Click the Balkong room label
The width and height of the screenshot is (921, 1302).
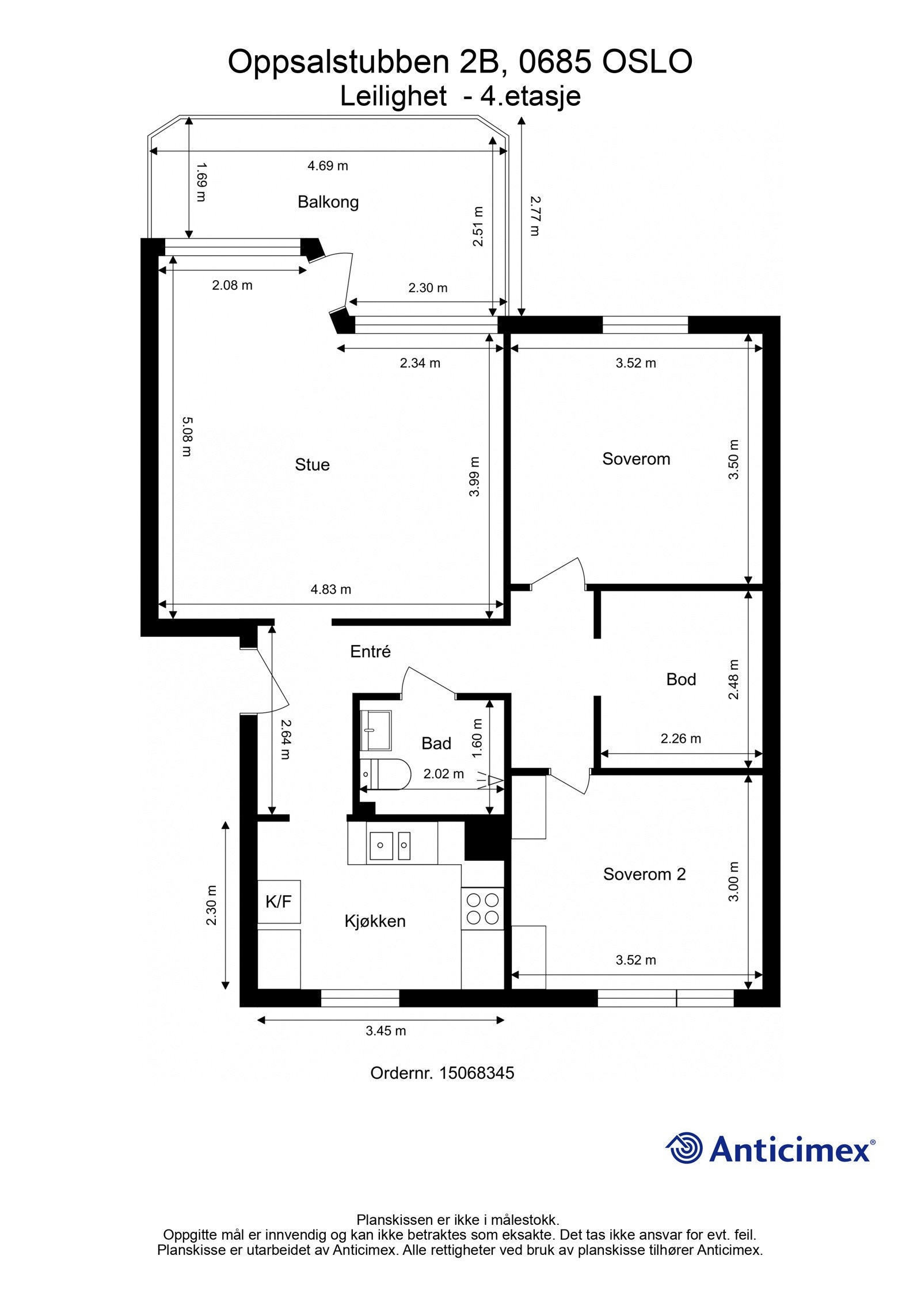[328, 202]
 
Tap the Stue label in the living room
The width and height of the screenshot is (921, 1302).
[312, 465]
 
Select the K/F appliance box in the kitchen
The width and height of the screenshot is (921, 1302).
[279, 902]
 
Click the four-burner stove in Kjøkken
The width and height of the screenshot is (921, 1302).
[482, 908]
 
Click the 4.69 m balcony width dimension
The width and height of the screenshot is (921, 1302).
[328, 166]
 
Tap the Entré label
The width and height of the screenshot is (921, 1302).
[370, 652]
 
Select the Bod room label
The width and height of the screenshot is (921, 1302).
[681, 679]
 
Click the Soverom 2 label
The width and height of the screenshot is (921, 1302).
[644, 875]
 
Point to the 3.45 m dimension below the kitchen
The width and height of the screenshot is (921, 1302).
[386, 1031]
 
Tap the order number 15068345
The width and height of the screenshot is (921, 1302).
[476, 1073]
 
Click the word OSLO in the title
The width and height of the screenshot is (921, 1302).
[647, 62]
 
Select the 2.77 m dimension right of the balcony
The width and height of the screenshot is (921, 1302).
[535, 216]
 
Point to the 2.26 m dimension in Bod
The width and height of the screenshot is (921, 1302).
[680, 739]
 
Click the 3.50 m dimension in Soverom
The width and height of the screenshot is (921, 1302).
[733, 460]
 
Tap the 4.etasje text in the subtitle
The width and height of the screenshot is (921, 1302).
[530, 97]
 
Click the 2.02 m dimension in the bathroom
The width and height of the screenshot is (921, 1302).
[443, 774]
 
